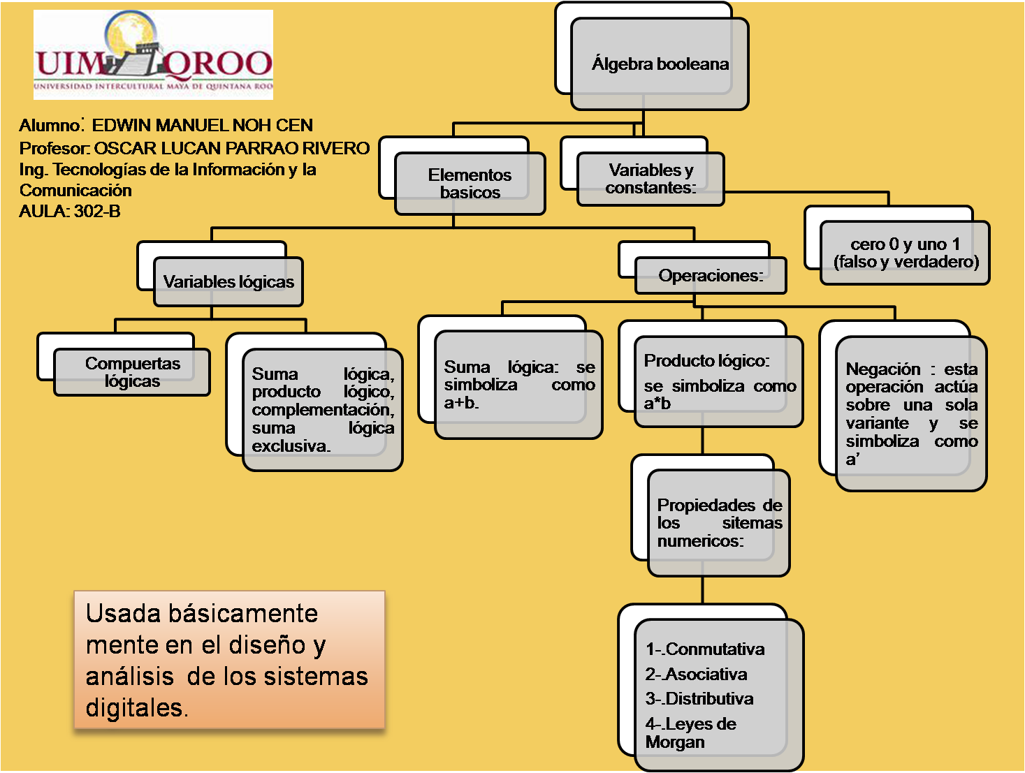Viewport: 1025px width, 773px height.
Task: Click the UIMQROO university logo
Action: [x=153, y=54]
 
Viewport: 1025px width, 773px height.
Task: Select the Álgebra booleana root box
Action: [x=660, y=64]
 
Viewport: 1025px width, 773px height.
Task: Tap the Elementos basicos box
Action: [x=470, y=184]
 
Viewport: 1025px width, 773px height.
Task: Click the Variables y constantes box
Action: [x=650, y=179]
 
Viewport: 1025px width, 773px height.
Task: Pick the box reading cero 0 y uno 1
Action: [x=905, y=253]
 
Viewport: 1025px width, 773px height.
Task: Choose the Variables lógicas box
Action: [x=228, y=281]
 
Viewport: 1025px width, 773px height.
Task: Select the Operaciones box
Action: [x=710, y=276]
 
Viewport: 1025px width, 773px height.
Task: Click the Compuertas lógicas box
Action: [x=132, y=372]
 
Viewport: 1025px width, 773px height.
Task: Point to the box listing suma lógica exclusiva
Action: [x=322, y=410]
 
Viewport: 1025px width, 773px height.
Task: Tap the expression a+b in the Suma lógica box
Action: [x=461, y=403]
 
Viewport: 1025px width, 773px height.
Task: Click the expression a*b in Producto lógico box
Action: [x=657, y=404]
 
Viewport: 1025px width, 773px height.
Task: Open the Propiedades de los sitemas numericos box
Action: [x=719, y=523]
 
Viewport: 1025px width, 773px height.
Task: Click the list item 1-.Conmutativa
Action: [x=704, y=649]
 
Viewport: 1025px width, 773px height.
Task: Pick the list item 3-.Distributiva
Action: [x=699, y=699]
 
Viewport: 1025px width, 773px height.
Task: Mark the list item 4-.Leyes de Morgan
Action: [x=690, y=732]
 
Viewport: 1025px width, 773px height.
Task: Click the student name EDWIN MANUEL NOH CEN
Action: [x=202, y=126]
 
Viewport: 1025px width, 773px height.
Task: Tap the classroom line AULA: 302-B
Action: [x=70, y=212]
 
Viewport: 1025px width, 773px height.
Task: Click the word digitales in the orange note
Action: [x=136, y=708]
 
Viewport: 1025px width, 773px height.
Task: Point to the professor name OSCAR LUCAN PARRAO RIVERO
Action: [x=231, y=149]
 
